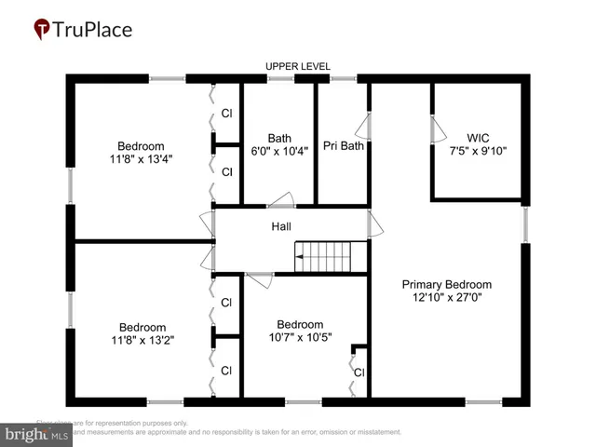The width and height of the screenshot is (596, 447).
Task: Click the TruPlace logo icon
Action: tap(41, 30)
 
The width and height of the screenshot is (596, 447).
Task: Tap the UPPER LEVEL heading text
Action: tap(296, 66)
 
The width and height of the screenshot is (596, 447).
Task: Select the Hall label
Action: tap(281, 226)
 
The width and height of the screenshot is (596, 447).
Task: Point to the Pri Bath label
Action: tap(343, 145)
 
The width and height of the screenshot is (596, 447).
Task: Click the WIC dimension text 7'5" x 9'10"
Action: tap(478, 150)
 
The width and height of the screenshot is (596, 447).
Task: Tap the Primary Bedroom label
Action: tap(446, 284)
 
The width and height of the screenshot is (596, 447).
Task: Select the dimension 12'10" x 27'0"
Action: tap(446, 298)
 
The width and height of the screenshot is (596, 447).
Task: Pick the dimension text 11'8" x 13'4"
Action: tap(141, 158)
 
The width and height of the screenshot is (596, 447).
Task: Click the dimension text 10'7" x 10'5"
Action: tap(300, 337)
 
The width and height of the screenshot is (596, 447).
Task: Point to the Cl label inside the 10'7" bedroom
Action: tap(359, 372)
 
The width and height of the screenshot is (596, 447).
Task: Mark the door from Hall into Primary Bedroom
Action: tap(373, 223)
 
